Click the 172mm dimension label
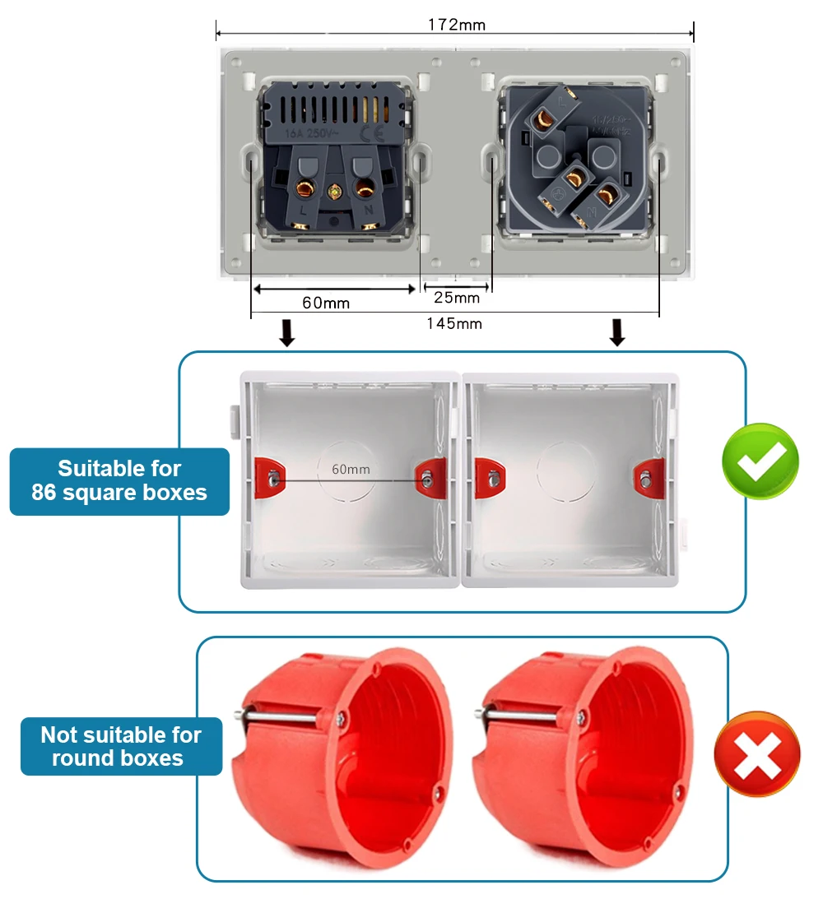[456, 25]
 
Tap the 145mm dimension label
[454, 323]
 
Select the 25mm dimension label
[456, 297]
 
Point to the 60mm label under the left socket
[326, 303]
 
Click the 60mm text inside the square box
[351, 470]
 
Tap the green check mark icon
[760, 461]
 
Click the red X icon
[756, 754]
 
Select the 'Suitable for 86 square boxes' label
[119, 481]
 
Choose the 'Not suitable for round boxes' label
[121, 746]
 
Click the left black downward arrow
[286, 333]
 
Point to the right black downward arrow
[617, 333]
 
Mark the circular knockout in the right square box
[566, 473]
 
